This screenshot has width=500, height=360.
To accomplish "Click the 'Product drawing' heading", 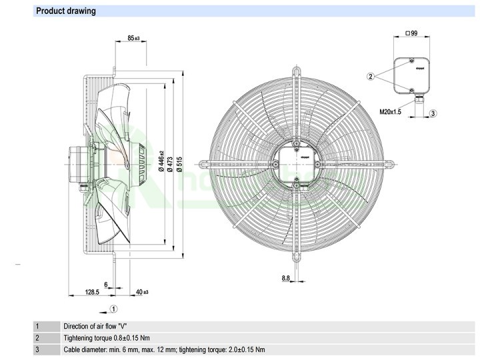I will (x=66, y=11).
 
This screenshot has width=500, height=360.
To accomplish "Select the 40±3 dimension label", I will (x=141, y=291).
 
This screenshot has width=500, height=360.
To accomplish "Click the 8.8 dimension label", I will (x=285, y=278).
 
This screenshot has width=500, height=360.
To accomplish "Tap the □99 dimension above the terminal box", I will (x=411, y=33).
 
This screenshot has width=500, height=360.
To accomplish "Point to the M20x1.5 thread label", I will (x=391, y=112).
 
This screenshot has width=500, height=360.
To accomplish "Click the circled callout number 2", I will (x=371, y=76).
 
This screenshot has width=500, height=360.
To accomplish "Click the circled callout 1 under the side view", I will (x=114, y=309).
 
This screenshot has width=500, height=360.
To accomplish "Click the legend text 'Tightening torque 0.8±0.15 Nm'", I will (x=107, y=338).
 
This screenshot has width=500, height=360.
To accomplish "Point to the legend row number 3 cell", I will (x=38, y=349).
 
